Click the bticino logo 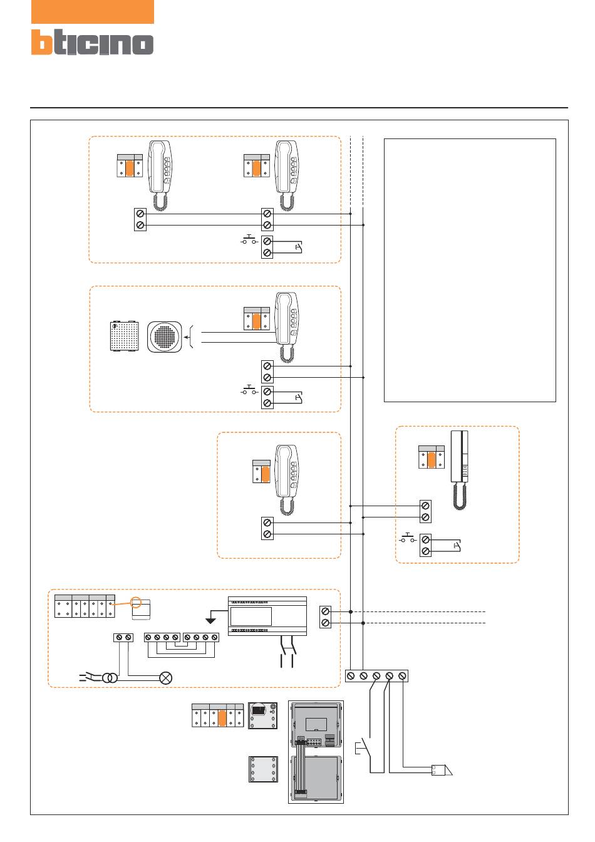tap(92, 42)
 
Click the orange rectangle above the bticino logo tap(93, 12)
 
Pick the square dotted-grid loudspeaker tap(125, 336)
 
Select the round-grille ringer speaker tap(164, 337)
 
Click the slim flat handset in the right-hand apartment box tap(459, 470)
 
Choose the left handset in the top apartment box tap(160, 175)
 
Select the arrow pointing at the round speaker tap(187, 337)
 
